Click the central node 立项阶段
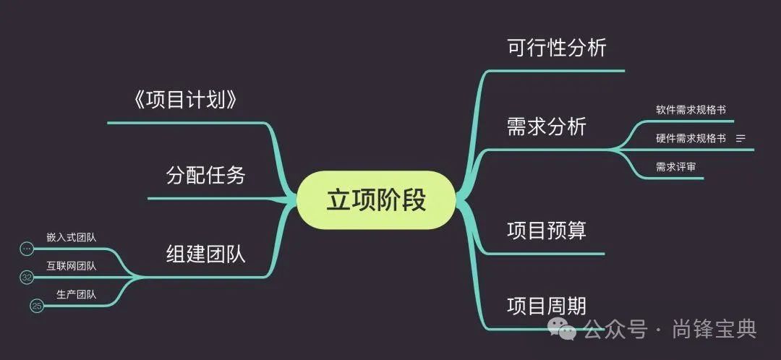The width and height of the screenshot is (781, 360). [x=376, y=200]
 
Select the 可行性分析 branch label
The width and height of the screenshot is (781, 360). [x=557, y=48]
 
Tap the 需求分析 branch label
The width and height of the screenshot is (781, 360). [x=547, y=127]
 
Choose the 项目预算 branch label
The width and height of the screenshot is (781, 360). [x=547, y=231]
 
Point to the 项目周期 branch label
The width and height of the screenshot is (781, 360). [x=547, y=306]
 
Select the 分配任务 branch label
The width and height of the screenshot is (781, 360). [x=206, y=175]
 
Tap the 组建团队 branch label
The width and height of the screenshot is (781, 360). [x=206, y=253]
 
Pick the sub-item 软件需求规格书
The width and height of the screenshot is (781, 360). [x=691, y=110]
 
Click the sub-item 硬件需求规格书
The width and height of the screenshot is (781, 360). [x=691, y=138]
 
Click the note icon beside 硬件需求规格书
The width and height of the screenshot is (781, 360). [x=741, y=138]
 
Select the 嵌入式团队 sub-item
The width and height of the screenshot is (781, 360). [x=71, y=236]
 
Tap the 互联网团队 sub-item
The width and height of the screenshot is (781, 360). [x=71, y=265]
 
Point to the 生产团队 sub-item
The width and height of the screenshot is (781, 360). [x=76, y=294]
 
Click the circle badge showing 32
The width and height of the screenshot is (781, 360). [x=27, y=278]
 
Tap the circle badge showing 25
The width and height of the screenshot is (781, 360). [x=37, y=307]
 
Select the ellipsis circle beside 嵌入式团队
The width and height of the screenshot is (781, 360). [x=27, y=249]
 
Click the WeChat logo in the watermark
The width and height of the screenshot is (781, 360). [x=562, y=330]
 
